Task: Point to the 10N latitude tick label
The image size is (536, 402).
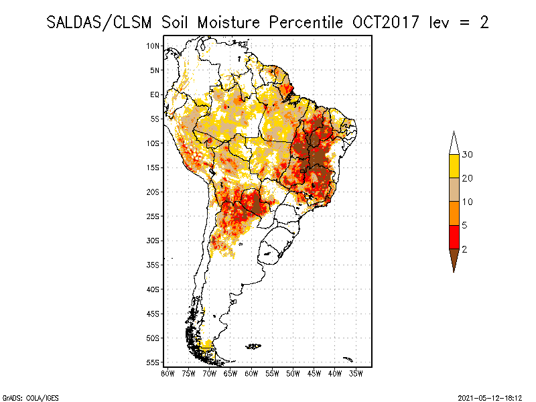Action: (x=153, y=46)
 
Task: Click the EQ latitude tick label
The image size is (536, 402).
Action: (x=155, y=94)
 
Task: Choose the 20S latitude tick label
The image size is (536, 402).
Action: (x=153, y=192)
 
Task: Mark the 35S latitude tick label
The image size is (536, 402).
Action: (x=153, y=265)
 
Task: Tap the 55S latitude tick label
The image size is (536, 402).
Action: (x=153, y=362)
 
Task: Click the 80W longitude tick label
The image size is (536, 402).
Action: (x=167, y=373)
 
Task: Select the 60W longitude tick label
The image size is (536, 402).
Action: (x=251, y=373)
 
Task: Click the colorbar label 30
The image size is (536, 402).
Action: (x=468, y=155)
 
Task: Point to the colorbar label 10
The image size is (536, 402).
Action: (x=468, y=202)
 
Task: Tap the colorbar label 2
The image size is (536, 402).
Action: (x=464, y=249)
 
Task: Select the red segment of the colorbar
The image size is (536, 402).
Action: (x=454, y=237)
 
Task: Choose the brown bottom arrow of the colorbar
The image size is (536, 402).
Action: (x=454, y=259)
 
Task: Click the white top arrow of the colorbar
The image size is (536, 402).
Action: (x=454, y=145)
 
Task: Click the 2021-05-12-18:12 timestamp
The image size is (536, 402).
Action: (x=490, y=397)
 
